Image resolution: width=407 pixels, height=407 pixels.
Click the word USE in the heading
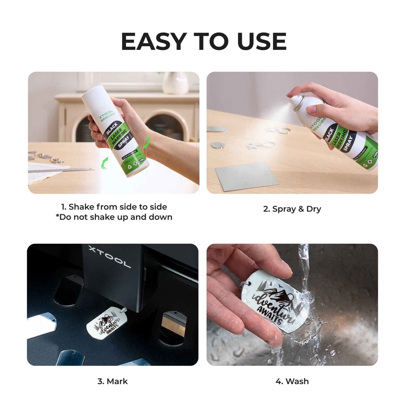(x=262, y=42)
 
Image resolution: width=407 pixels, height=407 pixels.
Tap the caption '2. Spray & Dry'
(x=292, y=209)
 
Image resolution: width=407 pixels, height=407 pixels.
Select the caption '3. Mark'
(x=112, y=381)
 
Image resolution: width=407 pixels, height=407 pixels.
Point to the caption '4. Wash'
(x=292, y=381)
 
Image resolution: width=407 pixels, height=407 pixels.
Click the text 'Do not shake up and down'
(x=115, y=217)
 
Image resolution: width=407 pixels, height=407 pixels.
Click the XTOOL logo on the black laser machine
(x=110, y=256)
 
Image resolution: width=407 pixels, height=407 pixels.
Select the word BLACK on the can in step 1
(x=112, y=128)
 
